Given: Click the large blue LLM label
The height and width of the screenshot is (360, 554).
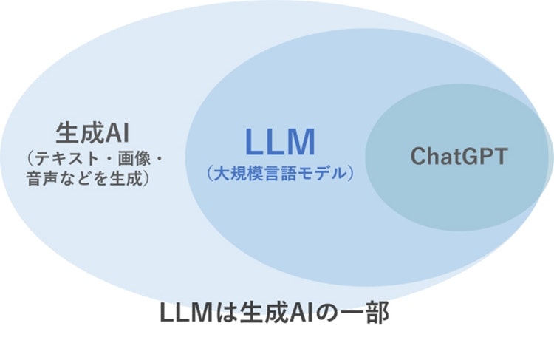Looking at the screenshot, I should tap(280, 141).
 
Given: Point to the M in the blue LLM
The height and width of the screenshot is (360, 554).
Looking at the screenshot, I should tap(301, 141).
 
